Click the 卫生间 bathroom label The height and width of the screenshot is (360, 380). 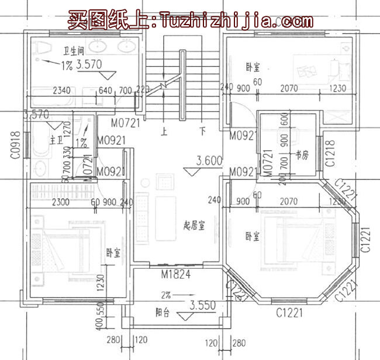point(74,50)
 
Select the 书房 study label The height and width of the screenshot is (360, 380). point(302,155)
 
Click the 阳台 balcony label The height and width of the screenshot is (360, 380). point(163,313)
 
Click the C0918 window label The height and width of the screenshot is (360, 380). point(15,146)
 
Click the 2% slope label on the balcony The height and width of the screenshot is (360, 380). point(166,294)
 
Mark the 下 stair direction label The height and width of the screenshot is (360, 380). point(202,131)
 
